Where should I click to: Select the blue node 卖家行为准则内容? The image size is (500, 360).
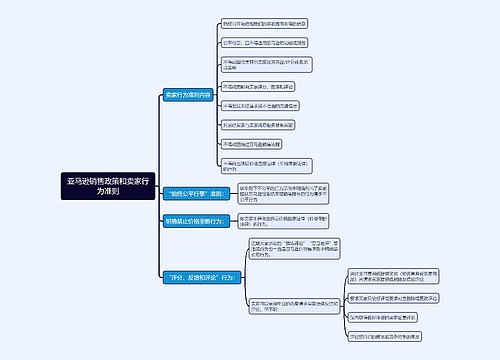tap(189, 95)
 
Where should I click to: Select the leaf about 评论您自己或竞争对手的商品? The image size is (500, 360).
tap(384, 336)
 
